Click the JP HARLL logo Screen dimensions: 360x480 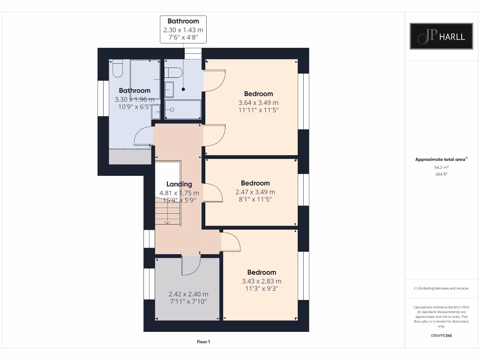[x=441, y=37]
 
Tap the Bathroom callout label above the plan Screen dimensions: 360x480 [x=183, y=21]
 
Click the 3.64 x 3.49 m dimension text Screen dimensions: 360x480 [x=258, y=103]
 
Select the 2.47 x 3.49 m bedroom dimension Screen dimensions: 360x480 [x=255, y=192]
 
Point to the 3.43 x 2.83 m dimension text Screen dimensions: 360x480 [x=262, y=281]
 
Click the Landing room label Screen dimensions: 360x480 [x=179, y=184]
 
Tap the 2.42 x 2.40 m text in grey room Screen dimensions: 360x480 [x=188, y=294]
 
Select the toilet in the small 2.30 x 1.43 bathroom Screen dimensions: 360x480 [x=173, y=73]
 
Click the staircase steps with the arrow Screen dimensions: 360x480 [x=168, y=211]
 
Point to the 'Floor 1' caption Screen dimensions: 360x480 [x=203, y=342]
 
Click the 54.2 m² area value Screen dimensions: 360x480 [x=441, y=167]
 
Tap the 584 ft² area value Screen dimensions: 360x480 [x=441, y=174]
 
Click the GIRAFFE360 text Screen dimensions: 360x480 [x=441, y=336]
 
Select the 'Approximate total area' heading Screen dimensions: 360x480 [x=441, y=159]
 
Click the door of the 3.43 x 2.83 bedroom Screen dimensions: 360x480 [x=231, y=241]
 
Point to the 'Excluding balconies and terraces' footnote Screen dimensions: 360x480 [x=441, y=288]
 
